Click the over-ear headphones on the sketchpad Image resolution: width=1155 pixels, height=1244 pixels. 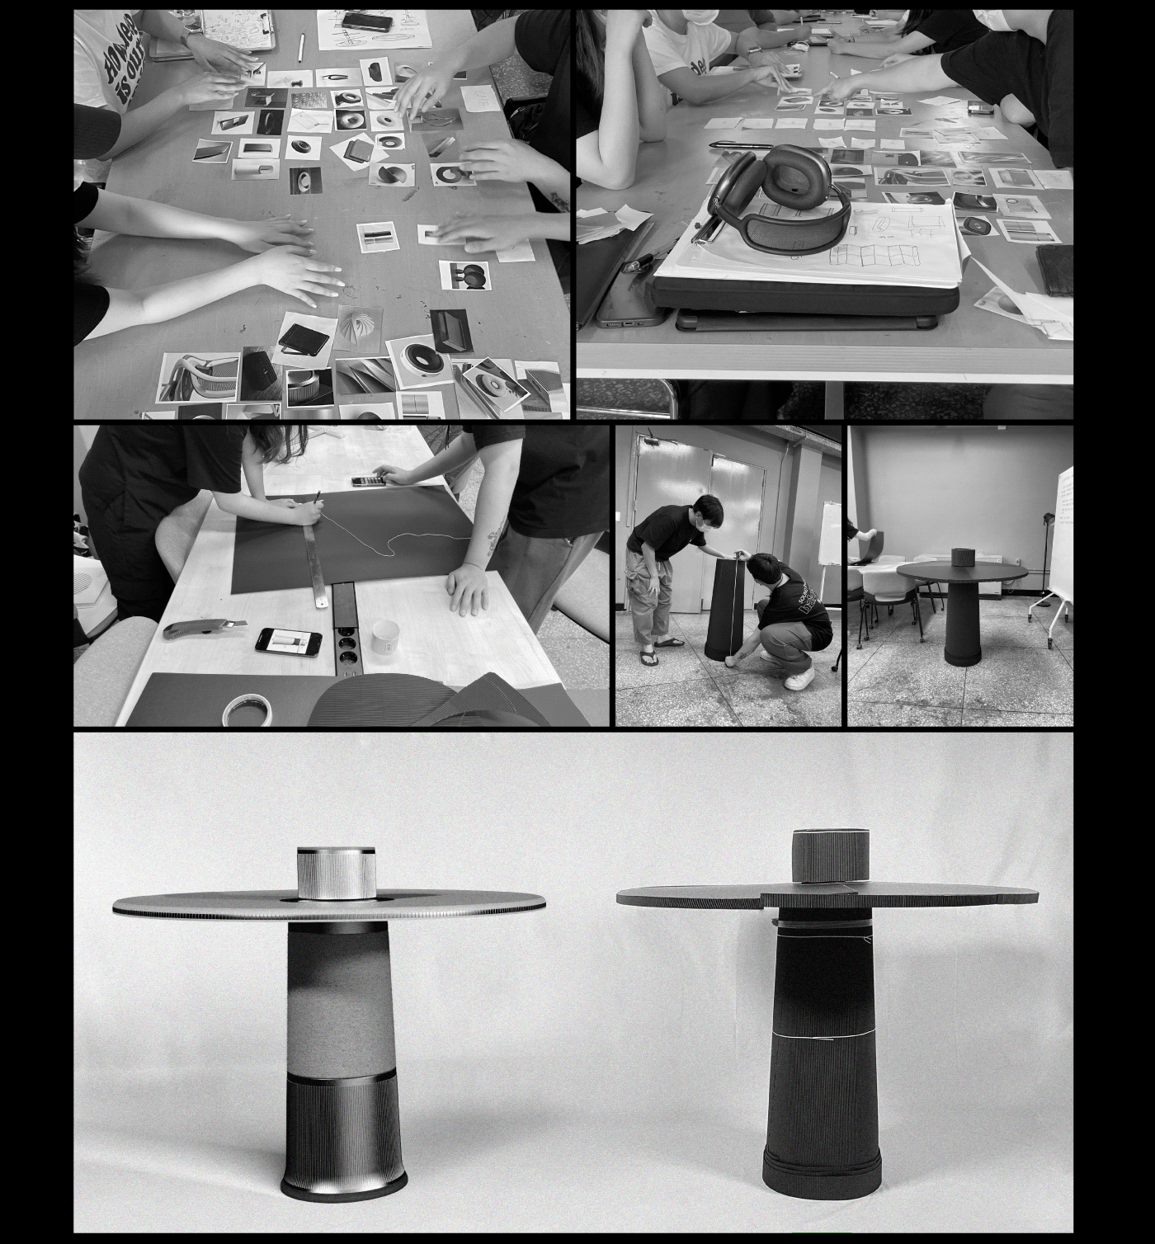pyautogui.click(x=780, y=197)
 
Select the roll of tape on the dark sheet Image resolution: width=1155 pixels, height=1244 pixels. pyautogui.click(x=249, y=709)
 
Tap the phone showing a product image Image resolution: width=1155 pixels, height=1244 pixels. pyautogui.click(x=288, y=641)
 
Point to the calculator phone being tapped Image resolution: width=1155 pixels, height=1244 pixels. pyautogui.click(x=370, y=479)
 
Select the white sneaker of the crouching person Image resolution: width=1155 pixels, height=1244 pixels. pyautogui.click(x=799, y=678)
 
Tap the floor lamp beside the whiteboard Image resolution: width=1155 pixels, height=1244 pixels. pyautogui.click(x=1049, y=544)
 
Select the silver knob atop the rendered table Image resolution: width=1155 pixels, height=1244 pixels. pyautogui.click(x=336, y=872)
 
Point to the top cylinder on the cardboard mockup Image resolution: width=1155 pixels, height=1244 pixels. pyautogui.click(x=829, y=857)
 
